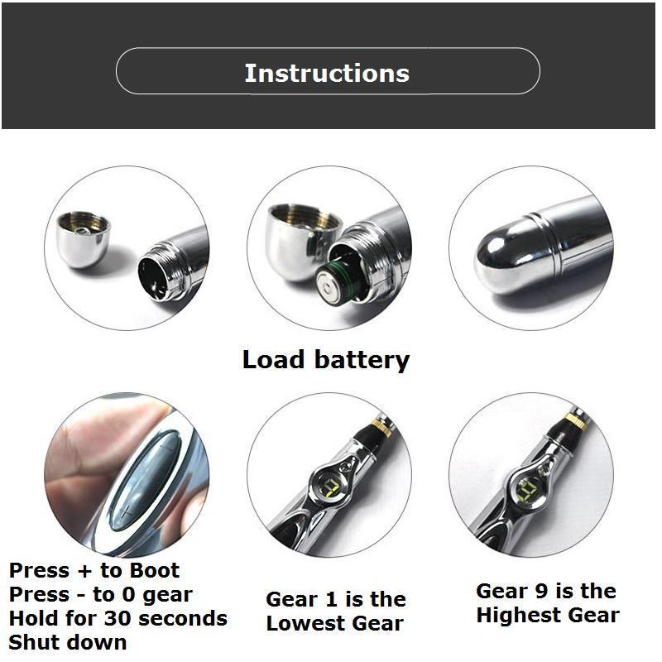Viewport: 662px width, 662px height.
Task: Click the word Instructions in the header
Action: [x=327, y=73]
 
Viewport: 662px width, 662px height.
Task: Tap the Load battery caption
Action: [x=326, y=360]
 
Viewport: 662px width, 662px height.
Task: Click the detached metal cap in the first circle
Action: [x=84, y=239]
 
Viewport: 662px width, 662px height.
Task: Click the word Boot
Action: [x=154, y=570]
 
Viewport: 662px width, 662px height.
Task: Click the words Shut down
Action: [x=68, y=643]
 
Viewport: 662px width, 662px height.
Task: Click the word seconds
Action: [x=182, y=618]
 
